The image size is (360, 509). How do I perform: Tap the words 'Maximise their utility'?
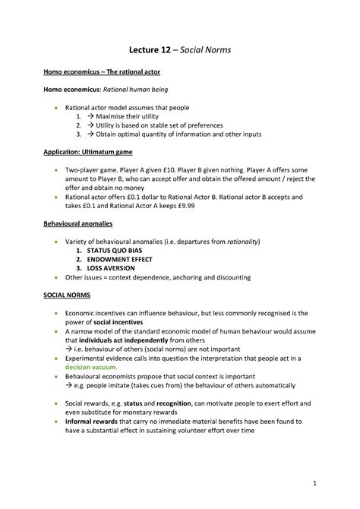coord(134,116)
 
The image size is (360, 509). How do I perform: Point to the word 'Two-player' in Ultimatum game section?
coord(85,168)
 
